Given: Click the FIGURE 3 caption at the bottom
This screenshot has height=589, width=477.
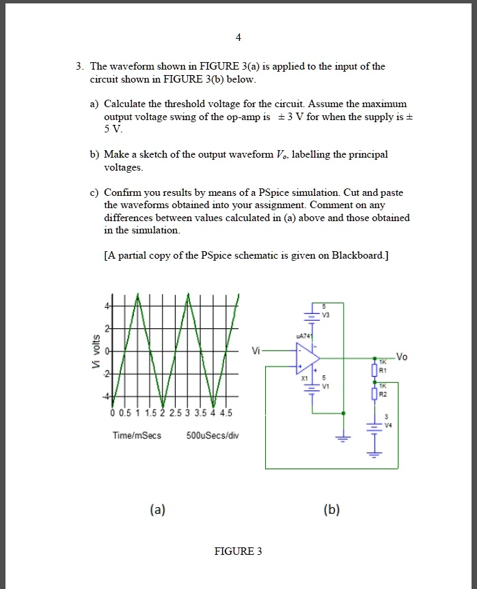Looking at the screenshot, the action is [238, 551].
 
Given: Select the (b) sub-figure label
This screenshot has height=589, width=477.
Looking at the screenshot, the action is [334, 509].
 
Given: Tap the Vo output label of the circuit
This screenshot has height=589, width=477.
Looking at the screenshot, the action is [401, 356].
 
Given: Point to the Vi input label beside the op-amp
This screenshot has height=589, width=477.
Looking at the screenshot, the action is [256, 351].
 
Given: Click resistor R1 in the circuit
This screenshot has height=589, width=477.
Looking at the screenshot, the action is [374, 370].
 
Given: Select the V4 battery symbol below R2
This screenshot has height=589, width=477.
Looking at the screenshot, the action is [374, 427].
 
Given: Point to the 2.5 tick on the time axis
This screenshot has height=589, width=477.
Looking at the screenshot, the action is [175, 413].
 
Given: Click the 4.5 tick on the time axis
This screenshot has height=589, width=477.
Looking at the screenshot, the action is [226, 413].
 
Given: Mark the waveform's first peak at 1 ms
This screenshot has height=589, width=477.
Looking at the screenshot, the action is [138, 295].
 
